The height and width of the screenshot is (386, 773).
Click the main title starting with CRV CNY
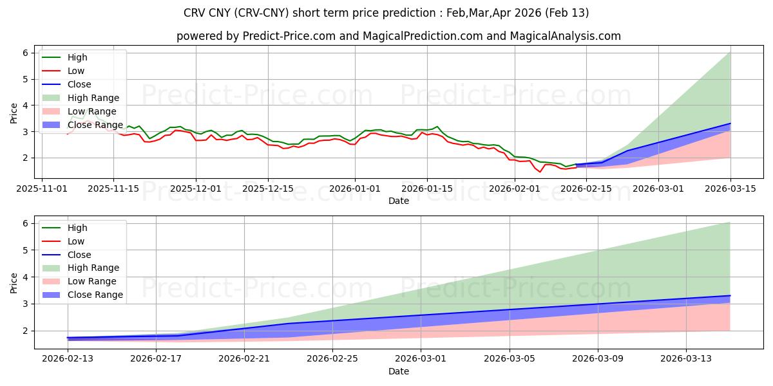[386, 13]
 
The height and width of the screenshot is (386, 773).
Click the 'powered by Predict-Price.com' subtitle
[399, 36]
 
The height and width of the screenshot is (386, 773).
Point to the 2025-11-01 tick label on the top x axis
[43, 188]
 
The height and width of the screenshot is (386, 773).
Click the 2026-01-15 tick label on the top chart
[426, 188]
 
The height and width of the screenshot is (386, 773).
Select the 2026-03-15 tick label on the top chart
[730, 188]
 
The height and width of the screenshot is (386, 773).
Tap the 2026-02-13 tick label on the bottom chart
[68, 359]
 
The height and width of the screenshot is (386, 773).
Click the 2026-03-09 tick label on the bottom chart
[598, 359]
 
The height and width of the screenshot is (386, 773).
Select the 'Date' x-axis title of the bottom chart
[399, 371]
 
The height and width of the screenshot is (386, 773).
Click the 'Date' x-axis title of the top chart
[399, 201]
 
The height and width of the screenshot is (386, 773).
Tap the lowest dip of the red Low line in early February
[540, 172]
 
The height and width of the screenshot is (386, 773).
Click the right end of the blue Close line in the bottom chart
[730, 295]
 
